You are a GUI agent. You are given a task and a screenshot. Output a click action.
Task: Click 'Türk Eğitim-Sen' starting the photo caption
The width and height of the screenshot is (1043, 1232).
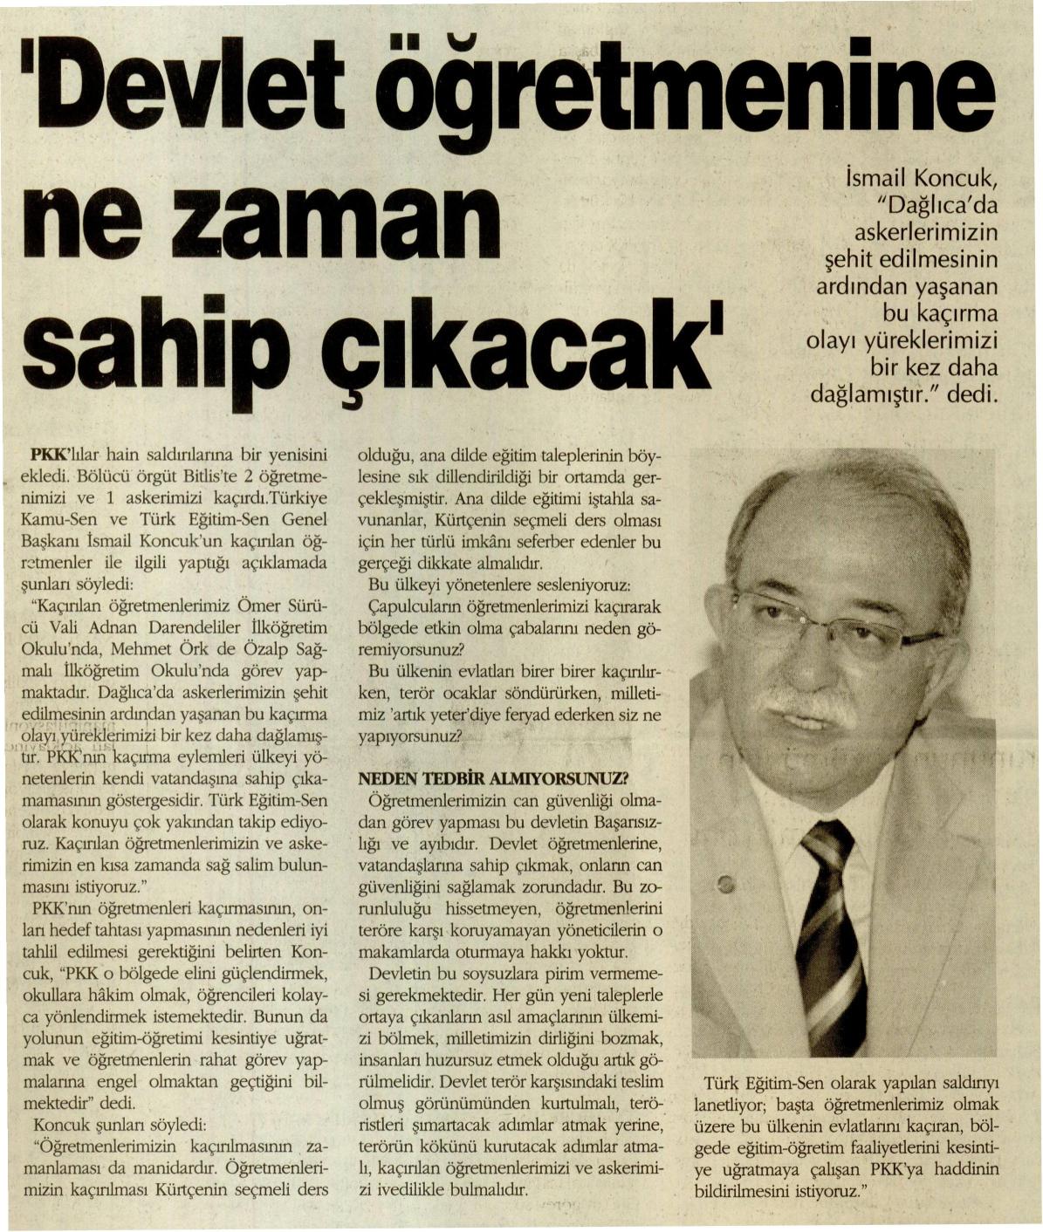[769, 1083]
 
